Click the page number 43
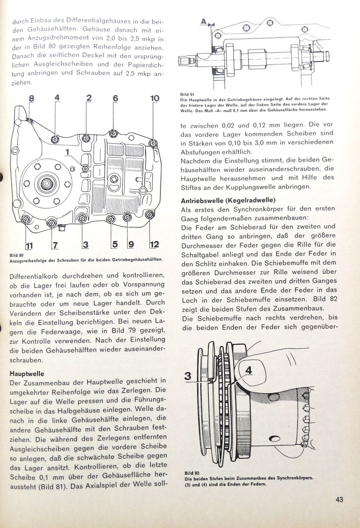point(339,499)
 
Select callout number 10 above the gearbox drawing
point(155,98)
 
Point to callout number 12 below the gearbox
point(155,244)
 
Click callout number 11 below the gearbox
point(29,246)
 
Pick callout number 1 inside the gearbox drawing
point(67,152)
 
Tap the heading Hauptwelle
point(27,374)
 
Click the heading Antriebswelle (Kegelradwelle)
point(228,201)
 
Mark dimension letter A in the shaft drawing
point(203,22)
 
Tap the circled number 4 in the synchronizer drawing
point(248,370)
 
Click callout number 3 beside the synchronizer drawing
point(188,376)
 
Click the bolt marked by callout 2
point(86,138)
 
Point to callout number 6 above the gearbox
point(115,99)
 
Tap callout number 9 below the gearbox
point(131,245)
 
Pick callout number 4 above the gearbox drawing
point(57,99)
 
